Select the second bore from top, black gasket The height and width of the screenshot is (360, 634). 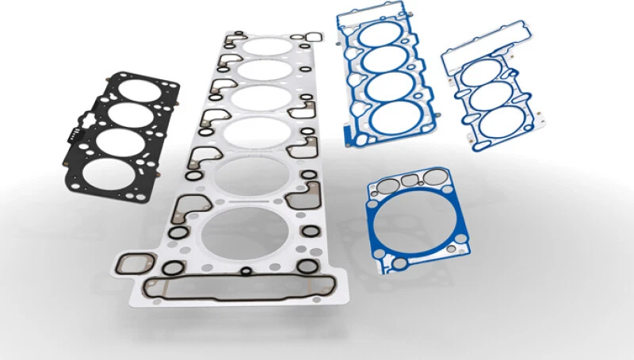tap(131, 113)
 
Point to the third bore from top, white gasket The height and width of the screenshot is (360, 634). tap(259, 101)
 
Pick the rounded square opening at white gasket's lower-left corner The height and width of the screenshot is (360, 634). tap(136, 264)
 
